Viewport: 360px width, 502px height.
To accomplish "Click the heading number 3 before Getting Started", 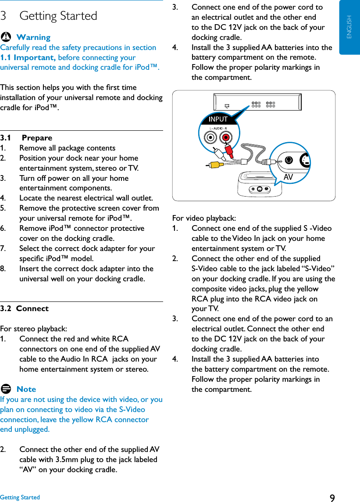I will coord(4,16).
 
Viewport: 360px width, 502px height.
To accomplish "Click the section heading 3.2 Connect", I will coord(25,308).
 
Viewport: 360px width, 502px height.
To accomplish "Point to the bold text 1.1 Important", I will coord(28,57).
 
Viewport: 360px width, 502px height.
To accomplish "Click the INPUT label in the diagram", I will coord(218,119).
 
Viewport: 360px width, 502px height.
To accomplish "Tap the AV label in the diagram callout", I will coord(288,176).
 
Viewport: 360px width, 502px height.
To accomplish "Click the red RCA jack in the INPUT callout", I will coord(226,138).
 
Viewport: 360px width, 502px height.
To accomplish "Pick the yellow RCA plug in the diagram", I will coord(214,165).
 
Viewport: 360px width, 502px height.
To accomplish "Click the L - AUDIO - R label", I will coord(218,128).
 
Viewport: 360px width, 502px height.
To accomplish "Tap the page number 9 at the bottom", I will coord(332,498).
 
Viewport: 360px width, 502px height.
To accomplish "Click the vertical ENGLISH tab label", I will coord(349,27).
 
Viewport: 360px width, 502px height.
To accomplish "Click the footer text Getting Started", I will coord(20,497).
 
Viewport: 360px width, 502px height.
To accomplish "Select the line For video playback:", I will coord(204,218).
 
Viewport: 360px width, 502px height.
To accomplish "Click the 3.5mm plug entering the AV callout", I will coord(268,161).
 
